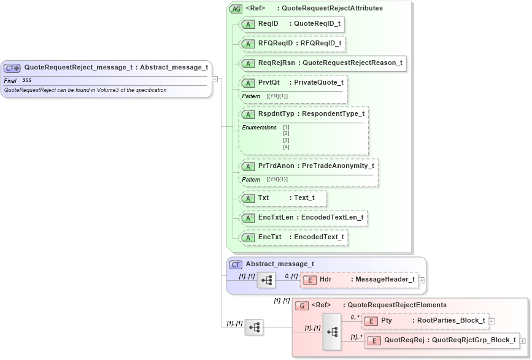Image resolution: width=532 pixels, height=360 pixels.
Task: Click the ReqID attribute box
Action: [291, 24]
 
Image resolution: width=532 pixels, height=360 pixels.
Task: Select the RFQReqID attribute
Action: [292, 44]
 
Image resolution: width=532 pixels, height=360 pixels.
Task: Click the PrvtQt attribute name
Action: [269, 82]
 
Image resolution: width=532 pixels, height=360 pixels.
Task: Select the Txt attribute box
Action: [283, 198]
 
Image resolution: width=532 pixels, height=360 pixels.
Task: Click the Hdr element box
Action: [359, 280]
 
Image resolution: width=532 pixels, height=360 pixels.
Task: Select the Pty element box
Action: [425, 321]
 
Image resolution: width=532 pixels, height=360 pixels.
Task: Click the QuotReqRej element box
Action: [441, 340]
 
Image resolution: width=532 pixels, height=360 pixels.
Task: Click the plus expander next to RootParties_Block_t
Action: [492, 321]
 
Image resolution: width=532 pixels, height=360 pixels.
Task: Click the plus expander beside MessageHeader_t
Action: [422, 280]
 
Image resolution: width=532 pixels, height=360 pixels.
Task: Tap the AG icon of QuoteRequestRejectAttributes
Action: [236, 9]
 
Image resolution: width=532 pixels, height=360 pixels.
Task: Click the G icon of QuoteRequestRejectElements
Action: [301, 305]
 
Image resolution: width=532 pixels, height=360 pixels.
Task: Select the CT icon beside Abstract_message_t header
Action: [236, 265]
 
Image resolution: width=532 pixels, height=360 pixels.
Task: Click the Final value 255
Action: [27, 81]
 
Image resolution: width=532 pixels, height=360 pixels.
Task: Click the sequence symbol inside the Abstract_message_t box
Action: [266, 280]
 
